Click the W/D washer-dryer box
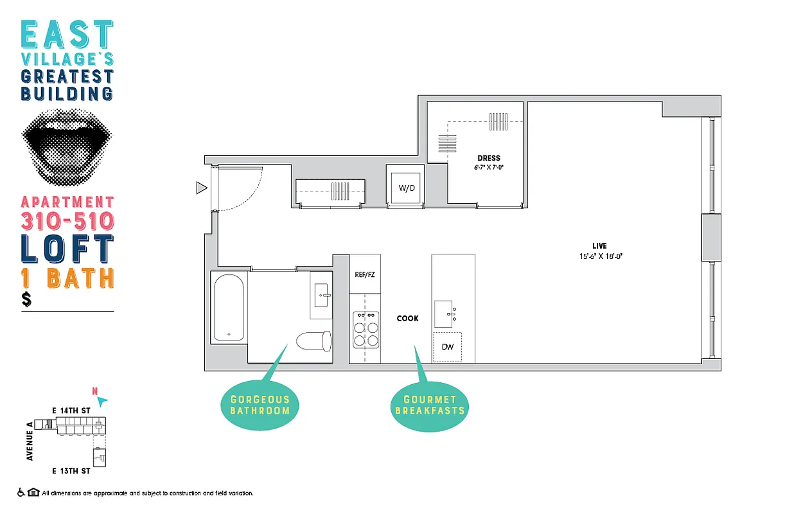pyautogui.click(x=406, y=188)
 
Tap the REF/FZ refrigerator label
pyautogui.click(x=364, y=274)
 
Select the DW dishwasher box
pyautogui.click(x=448, y=347)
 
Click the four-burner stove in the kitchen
pyautogui.click(x=366, y=329)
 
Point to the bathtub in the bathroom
pyautogui.click(x=228, y=307)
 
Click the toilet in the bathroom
pyautogui.click(x=314, y=341)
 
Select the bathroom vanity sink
pyautogui.click(x=321, y=295)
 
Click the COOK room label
pyautogui.click(x=407, y=318)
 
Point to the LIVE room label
pyautogui.click(x=599, y=246)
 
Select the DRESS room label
pyautogui.click(x=488, y=158)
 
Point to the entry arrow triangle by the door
pyautogui.click(x=201, y=188)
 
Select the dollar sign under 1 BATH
pyautogui.click(x=26, y=299)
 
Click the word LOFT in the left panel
pyautogui.click(x=67, y=249)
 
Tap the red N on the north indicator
pyautogui.click(x=95, y=391)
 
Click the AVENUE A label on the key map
pyautogui.click(x=30, y=441)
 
